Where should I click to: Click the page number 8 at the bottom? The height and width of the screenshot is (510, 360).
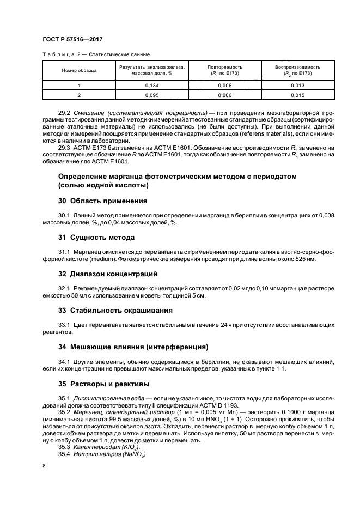[x=44, y=465]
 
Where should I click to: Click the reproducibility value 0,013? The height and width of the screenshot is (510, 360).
[x=297, y=86]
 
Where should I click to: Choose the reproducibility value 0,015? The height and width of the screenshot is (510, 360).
[x=297, y=95]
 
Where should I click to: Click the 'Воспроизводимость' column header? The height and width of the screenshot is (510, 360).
[x=297, y=66]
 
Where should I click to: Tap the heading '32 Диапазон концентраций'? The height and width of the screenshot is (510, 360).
[x=107, y=274]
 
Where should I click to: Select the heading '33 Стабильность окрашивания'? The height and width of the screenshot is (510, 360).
[x=115, y=310]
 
